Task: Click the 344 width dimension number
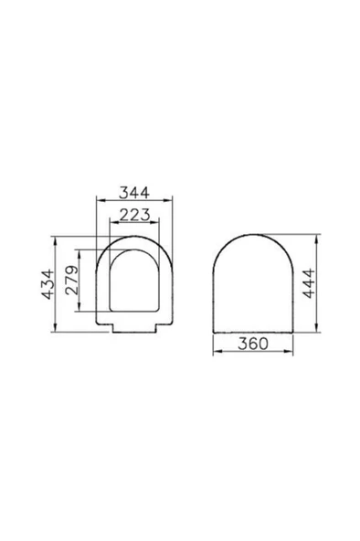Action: coord(133,194)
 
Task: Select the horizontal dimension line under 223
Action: coord(133,224)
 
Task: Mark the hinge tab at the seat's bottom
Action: coord(133,329)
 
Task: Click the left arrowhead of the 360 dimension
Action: coord(213,353)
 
